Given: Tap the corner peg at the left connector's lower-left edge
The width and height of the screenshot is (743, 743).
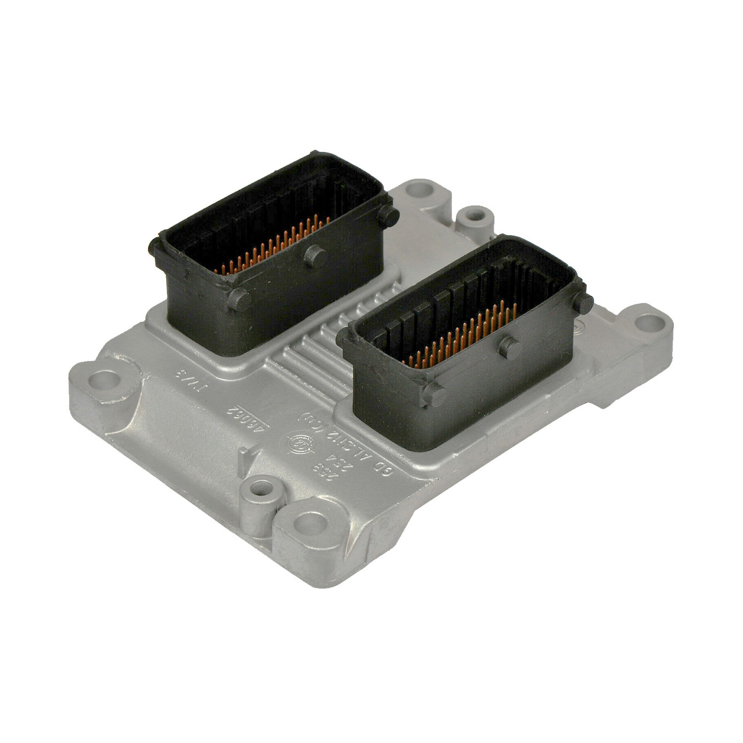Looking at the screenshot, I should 238,299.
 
